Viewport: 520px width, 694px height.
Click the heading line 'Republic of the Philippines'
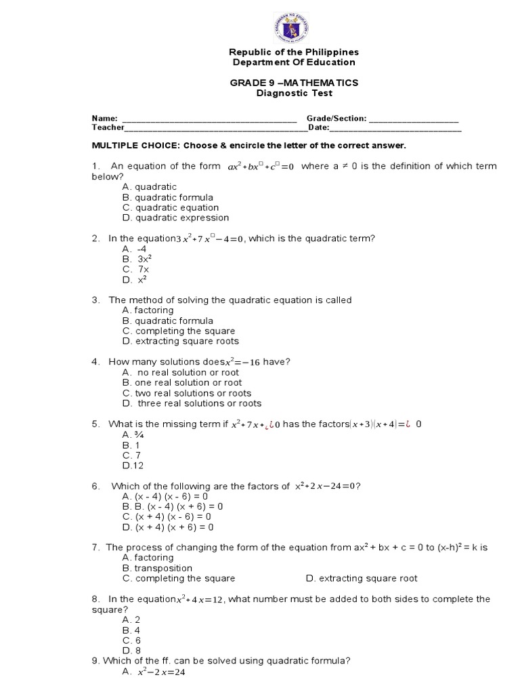click(292, 52)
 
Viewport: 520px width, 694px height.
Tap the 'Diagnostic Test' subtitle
click(292, 93)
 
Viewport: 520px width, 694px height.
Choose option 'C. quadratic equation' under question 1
click(171, 207)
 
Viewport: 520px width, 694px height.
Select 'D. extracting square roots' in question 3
click(181, 341)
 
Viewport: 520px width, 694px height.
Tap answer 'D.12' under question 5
click(133, 466)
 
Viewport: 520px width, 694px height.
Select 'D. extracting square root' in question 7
click(362, 578)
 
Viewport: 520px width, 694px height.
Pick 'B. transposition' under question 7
click(158, 568)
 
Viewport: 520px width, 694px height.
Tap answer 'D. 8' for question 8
click(131, 651)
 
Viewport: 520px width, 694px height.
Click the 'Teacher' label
click(108, 127)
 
